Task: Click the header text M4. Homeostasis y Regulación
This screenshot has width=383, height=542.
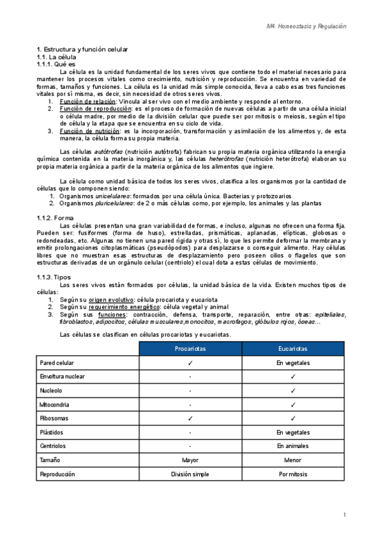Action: click(306, 26)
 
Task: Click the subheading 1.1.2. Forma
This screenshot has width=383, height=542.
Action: click(56, 218)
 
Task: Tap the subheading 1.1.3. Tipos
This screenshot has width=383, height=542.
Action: click(54, 277)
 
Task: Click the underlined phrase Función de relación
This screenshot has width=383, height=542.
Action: click(87, 102)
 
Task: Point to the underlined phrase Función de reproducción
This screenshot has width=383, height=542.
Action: click(93, 109)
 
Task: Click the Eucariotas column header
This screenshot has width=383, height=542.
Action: click(292, 348)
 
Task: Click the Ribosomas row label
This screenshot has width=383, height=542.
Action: click(56, 419)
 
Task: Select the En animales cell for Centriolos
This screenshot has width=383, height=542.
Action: click(292, 446)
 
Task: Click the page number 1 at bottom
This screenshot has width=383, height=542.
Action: click(344, 515)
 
